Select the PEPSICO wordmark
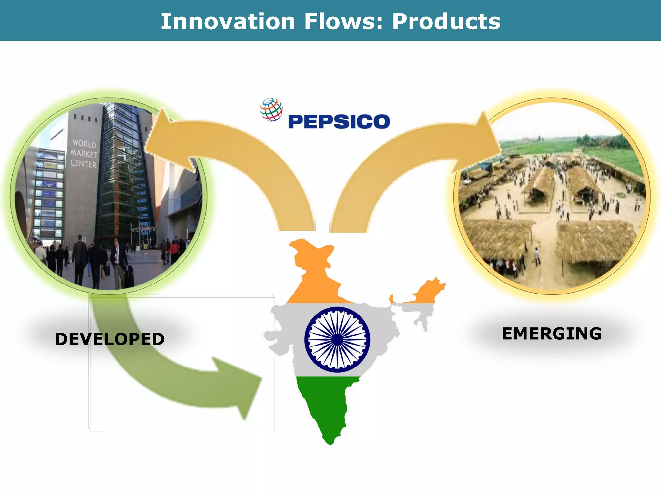click(339, 121)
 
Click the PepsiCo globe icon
click(271, 109)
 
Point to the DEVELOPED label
click(110, 339)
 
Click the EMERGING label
click(552, 334)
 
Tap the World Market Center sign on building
click(84, 154)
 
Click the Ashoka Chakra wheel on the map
click(337, 339)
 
